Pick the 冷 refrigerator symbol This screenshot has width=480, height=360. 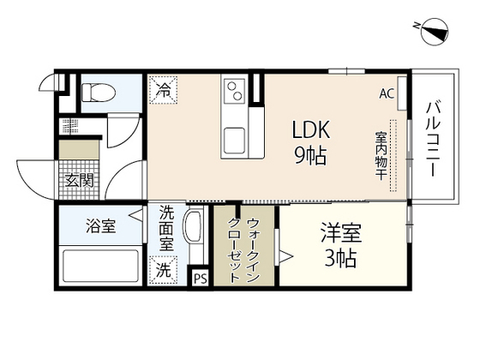point(163,87)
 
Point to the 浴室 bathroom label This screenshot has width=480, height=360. point(100,226)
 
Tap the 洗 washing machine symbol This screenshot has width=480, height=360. point(163,269)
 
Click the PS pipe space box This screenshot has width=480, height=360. point(200,278)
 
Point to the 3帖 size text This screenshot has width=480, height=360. point(340,259)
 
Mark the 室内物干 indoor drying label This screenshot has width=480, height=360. point(380,154)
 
